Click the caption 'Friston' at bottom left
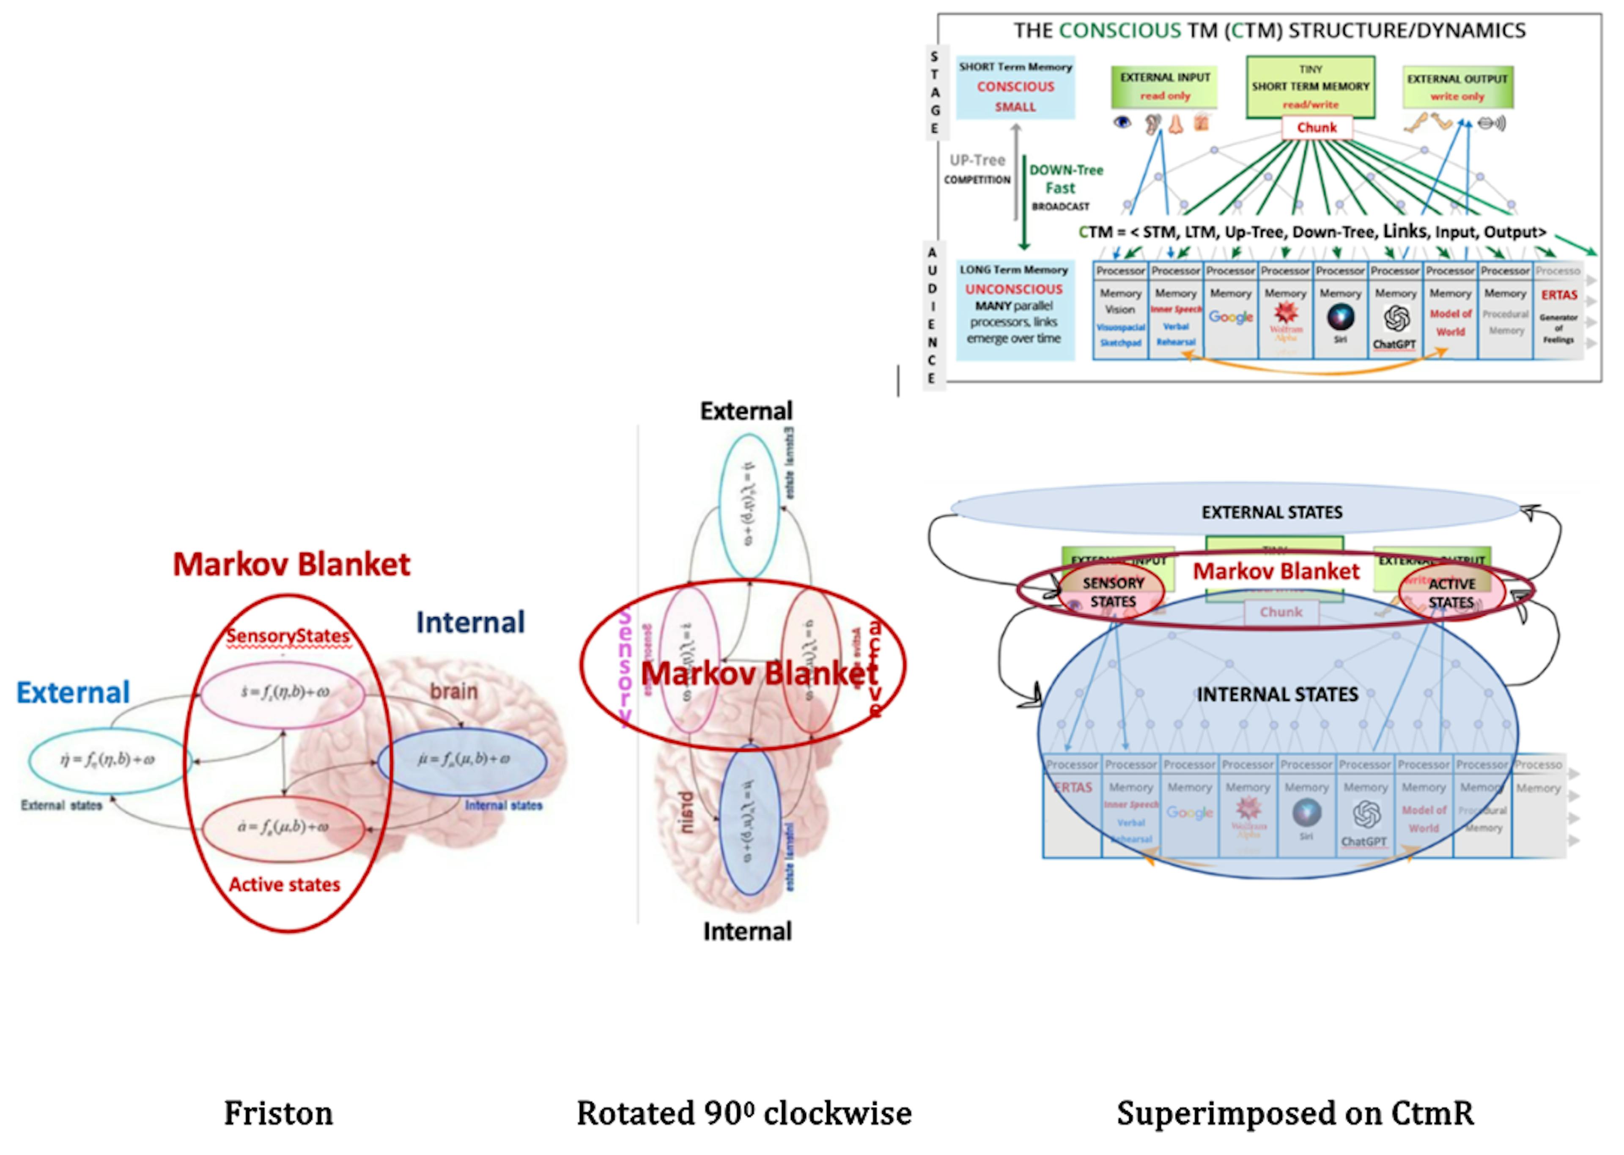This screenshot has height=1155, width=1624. click(x=278, y=1113)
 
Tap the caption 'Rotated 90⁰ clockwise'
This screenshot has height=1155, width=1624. click(x=743, y=1113)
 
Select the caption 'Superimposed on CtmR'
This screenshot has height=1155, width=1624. click(x=1295, y=1113)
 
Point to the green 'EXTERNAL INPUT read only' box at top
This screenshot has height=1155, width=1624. click(x=1164, y=86)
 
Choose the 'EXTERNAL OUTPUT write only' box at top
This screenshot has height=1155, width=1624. click(x=1457, y=87)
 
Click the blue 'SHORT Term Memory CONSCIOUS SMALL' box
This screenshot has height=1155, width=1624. click(x=1015, y=87)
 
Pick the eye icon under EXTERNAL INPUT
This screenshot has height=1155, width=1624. click(x=1122, y=122)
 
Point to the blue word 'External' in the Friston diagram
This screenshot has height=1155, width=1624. click(x=73, y=692)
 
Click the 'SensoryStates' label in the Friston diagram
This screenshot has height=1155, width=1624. click(x=288, y=636)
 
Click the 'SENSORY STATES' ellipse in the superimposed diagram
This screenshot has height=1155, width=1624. click(x=1113, y=592)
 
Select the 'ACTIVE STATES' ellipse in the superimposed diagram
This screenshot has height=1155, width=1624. click(x=1451, y=592)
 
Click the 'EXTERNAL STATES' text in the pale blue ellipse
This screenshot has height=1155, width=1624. click(x=1272, y=512)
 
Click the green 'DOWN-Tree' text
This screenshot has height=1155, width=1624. click(x=1066, y=170)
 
